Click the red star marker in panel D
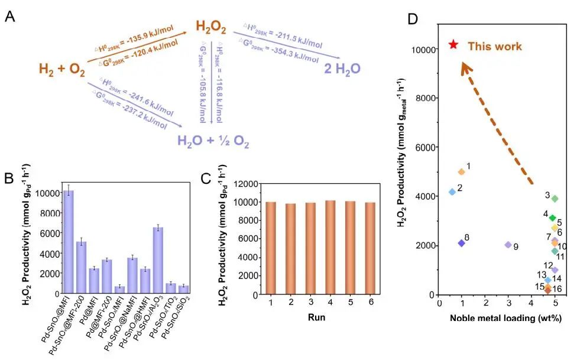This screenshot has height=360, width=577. [x=453, y=44]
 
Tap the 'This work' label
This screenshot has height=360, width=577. [x=495, y=46]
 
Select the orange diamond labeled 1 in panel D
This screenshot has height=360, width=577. [x=461, y=172]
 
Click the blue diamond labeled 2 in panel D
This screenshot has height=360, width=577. [x=452, y=192]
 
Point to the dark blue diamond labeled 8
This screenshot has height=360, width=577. [x=462, y=243]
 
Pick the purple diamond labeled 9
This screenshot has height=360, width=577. [x=508, y=245]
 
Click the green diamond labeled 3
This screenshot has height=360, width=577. [x=555, y=199]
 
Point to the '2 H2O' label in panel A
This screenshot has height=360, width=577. [x=342, y=70]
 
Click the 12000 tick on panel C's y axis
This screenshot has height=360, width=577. [x=247, y=184]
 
